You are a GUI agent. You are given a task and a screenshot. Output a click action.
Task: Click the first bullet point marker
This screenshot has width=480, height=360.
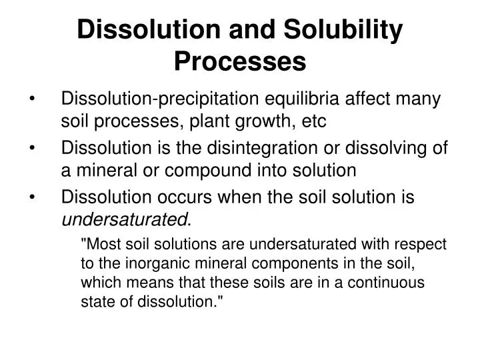tap(34, 100)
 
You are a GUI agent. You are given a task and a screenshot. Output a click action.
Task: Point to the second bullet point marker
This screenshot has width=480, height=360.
tap(34, 149)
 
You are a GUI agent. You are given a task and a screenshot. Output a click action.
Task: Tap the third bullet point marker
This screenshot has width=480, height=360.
tap(34, 197)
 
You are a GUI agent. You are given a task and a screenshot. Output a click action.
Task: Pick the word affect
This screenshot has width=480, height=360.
tap(373, 100)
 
